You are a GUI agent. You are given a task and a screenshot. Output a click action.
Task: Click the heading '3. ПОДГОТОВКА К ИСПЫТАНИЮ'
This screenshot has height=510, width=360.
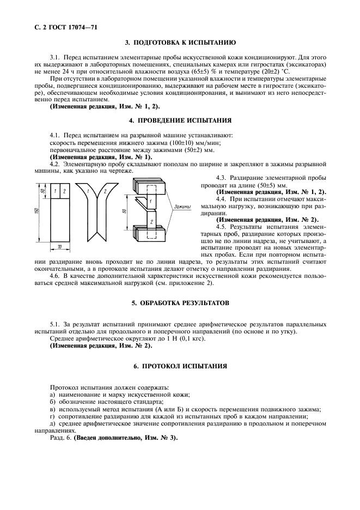coord(180,41)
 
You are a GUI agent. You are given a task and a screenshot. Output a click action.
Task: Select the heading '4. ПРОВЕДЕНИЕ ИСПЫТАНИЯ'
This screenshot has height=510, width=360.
coord(180,120)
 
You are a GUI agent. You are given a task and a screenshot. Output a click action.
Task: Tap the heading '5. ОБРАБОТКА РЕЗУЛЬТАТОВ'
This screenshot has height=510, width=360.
coord(180,302)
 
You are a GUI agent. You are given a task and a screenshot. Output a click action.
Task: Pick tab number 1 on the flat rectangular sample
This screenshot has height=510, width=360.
coord(55,191)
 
